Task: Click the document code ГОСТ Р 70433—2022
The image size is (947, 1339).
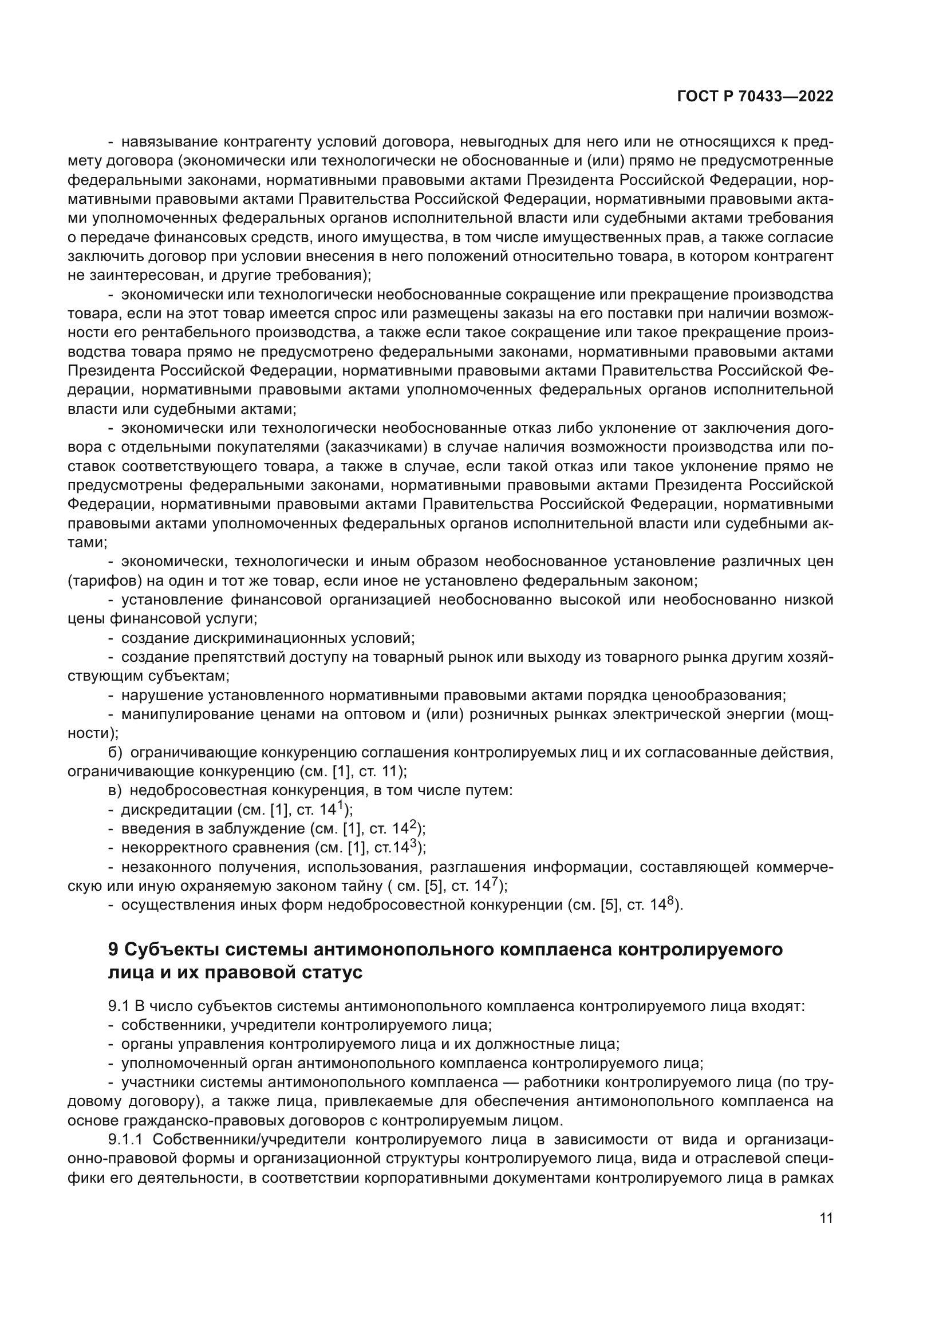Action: click(755, 97)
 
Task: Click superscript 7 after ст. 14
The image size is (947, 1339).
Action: click(494, 883)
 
